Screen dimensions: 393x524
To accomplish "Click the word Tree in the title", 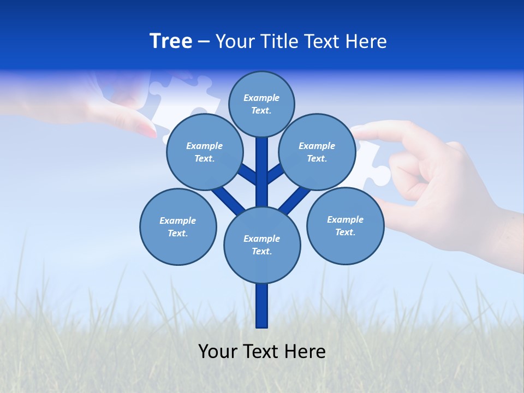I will coord(171,41).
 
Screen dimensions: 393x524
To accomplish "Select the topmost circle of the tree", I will coord(261,104).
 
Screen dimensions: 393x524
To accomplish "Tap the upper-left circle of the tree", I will coord(204,152).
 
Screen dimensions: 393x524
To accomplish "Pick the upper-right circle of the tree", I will coord(317,152).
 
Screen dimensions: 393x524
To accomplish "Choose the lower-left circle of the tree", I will coord(178,227).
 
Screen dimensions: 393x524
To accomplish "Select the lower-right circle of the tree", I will coord(346,225).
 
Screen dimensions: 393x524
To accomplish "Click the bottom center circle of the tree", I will coord(262,245).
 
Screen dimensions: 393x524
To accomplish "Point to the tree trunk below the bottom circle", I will coord(262,306).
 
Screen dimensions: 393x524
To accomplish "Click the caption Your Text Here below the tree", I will coord(262,352).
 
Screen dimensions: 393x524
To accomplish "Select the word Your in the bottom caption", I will coord(218,352).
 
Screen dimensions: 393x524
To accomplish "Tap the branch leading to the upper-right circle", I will coord(276,173).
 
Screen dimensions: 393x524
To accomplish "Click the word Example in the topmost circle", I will coord(261,98).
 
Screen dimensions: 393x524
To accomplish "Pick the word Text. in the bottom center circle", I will coord(261,252).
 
